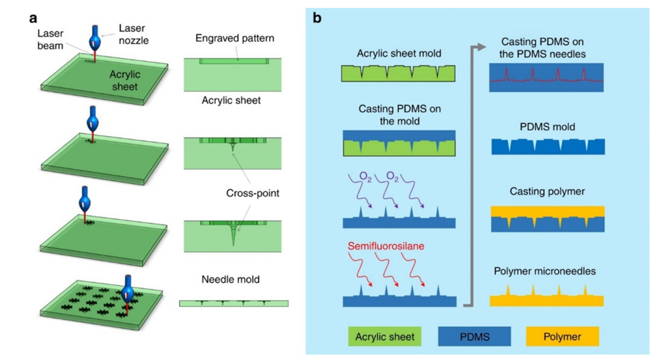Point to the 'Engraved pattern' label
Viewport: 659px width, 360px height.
pos(234,38)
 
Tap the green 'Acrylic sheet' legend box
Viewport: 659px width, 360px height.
pos(384,337)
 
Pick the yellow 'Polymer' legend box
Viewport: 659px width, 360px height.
pos(562,337)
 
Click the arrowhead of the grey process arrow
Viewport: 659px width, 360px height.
pos(483,47)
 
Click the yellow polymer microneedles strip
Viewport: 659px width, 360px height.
pos(548,299)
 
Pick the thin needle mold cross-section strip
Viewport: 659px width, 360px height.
pos(233,303)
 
